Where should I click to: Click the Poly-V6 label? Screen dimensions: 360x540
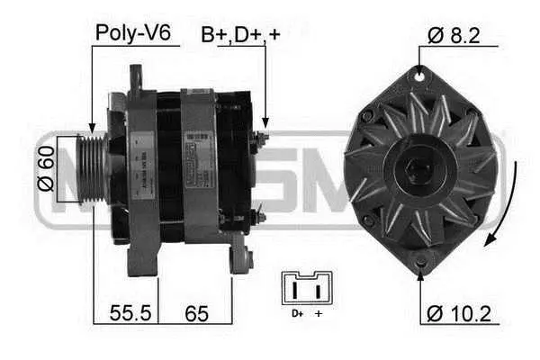click(133, 33)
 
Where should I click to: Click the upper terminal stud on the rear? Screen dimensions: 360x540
click(262, 137)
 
